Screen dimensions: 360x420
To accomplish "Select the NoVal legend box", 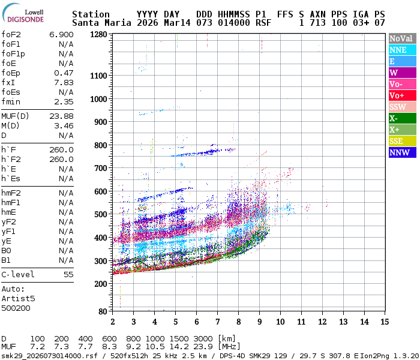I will (x=400, y=38).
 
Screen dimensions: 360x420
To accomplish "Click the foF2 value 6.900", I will (x=61, y=34).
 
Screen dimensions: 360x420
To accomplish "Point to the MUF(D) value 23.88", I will (x=61, y=116).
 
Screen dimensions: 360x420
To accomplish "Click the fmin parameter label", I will (x=13, y=101).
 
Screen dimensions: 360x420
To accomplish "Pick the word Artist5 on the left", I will (x=18, y=298).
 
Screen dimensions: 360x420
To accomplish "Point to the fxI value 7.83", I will (x=64, y=82).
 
